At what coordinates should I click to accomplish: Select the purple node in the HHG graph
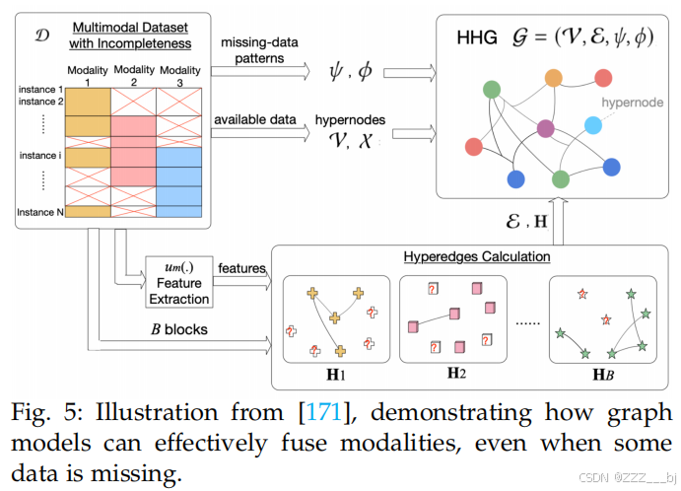click(545, 128)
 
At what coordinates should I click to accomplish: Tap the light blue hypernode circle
click(592, 124)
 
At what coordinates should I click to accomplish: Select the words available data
click(254, 119)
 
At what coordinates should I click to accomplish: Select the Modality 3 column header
click(177, 75)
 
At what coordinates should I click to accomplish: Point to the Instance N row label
click(40, 211)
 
